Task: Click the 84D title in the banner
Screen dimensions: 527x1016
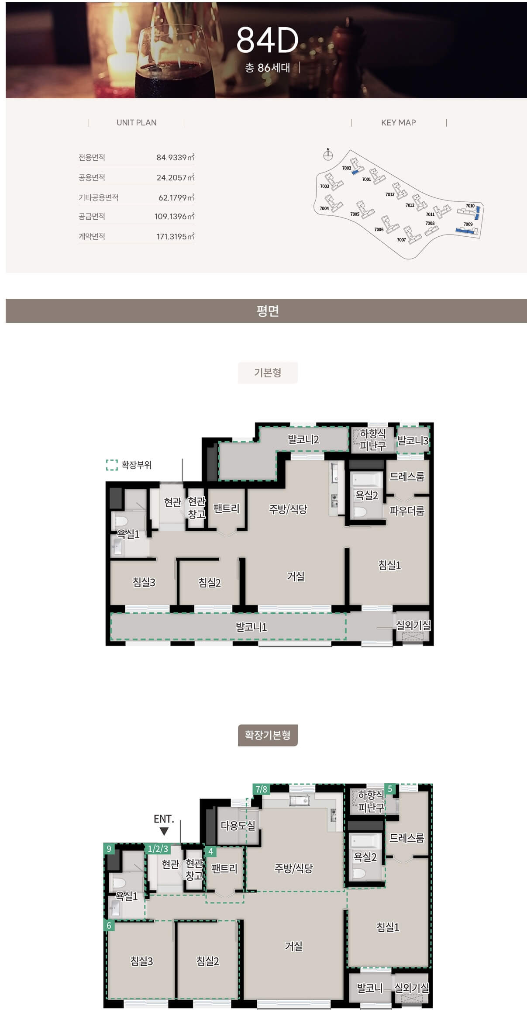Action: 267,40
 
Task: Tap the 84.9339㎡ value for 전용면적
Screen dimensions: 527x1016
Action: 175,157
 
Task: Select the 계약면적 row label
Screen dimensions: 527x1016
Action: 92,236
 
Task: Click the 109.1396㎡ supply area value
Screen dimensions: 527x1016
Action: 174,217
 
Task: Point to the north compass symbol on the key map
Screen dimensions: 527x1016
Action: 328,155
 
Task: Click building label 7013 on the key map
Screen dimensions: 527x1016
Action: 390,194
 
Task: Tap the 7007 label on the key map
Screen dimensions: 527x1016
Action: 401,240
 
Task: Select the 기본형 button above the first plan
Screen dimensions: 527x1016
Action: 268,373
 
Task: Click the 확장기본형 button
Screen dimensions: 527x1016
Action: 268,735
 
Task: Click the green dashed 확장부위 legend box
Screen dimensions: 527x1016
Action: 112,465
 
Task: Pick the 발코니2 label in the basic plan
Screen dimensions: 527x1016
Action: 303,439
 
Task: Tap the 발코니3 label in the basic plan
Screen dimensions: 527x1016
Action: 413,441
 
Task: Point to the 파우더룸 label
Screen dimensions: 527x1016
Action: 407,511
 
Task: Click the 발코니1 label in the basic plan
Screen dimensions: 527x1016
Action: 251,627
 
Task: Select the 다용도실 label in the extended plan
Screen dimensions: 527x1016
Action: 238,826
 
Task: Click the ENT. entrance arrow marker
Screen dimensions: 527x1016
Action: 164,831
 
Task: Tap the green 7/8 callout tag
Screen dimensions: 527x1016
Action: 262,789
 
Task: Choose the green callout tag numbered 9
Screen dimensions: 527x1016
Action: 109,849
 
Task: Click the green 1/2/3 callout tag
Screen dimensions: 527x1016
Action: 158,849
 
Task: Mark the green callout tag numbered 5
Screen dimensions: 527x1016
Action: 390,789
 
